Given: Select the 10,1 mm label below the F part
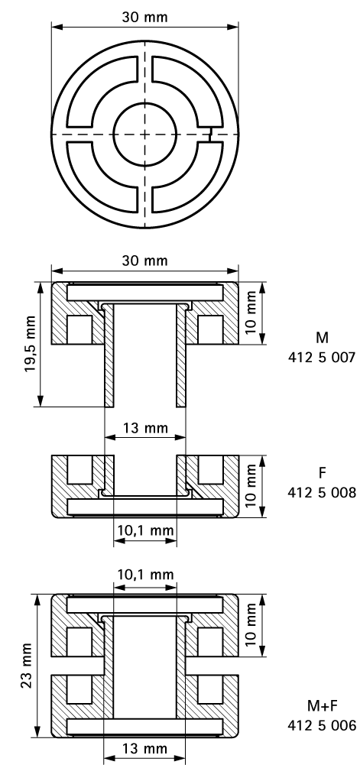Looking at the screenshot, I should coord(145,530).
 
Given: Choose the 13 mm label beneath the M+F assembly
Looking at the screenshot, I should coord(145,752).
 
